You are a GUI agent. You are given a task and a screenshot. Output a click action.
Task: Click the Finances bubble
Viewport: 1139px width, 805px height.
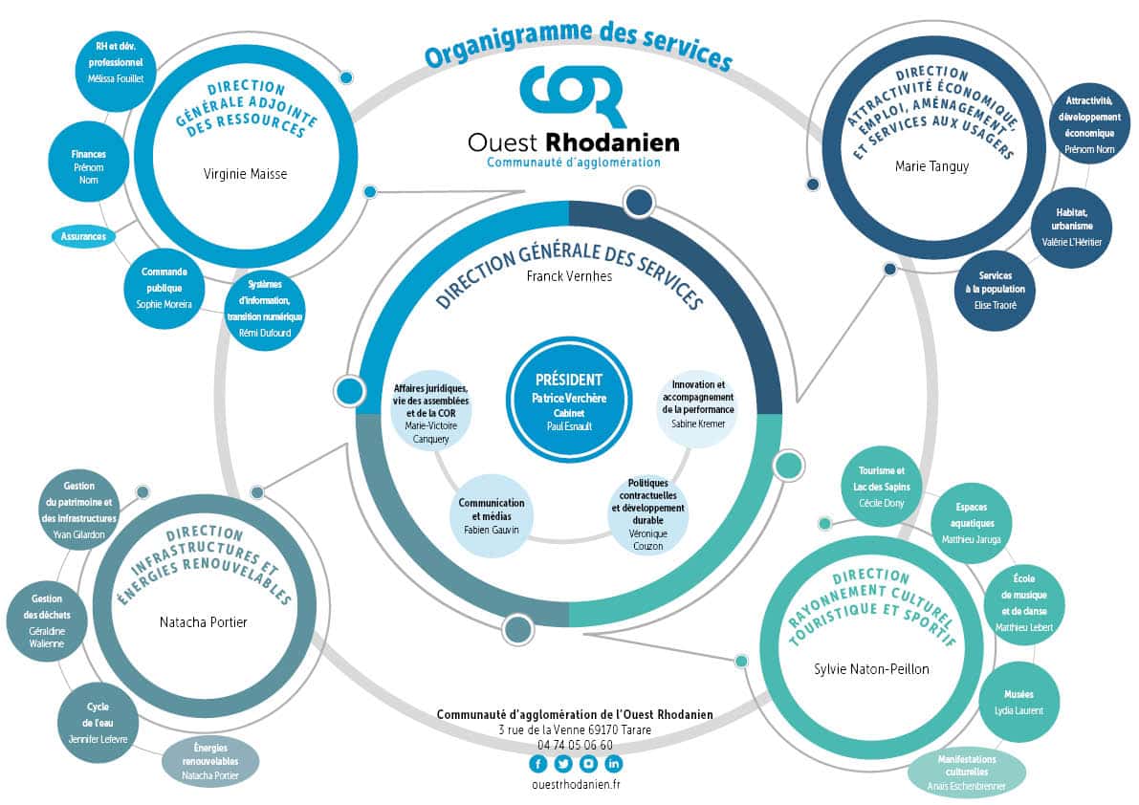click(x=88, y=164)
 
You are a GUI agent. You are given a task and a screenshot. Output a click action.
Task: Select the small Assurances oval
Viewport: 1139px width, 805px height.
click(x=82, y=235)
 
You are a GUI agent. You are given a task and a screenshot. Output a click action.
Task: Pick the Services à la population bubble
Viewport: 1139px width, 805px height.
click(x=995, y=291)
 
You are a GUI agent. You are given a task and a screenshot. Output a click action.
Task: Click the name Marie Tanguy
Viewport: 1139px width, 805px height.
click(x=931, y=166)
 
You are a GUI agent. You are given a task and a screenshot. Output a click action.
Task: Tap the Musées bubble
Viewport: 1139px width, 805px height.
click(x=1018, y=702)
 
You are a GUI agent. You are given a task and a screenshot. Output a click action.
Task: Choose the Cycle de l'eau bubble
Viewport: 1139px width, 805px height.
click(x=98, y=718)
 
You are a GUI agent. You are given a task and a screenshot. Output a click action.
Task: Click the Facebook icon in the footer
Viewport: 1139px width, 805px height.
click(x=537, y=763)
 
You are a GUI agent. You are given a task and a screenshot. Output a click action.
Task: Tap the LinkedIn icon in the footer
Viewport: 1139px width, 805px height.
click(x=613, y=763)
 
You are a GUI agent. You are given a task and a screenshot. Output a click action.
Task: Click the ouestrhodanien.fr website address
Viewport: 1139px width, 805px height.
click(x=575, y=784)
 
